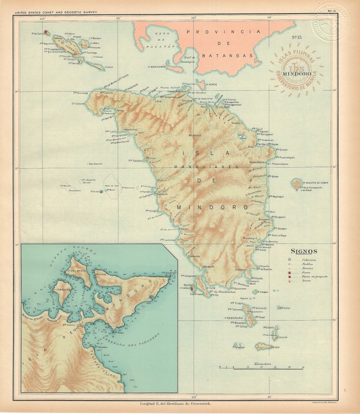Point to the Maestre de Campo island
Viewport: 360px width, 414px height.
(x=296, y=183)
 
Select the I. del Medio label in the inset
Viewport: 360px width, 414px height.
(x=77, y=272)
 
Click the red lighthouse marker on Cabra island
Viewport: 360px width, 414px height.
(x=47, y=32)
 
